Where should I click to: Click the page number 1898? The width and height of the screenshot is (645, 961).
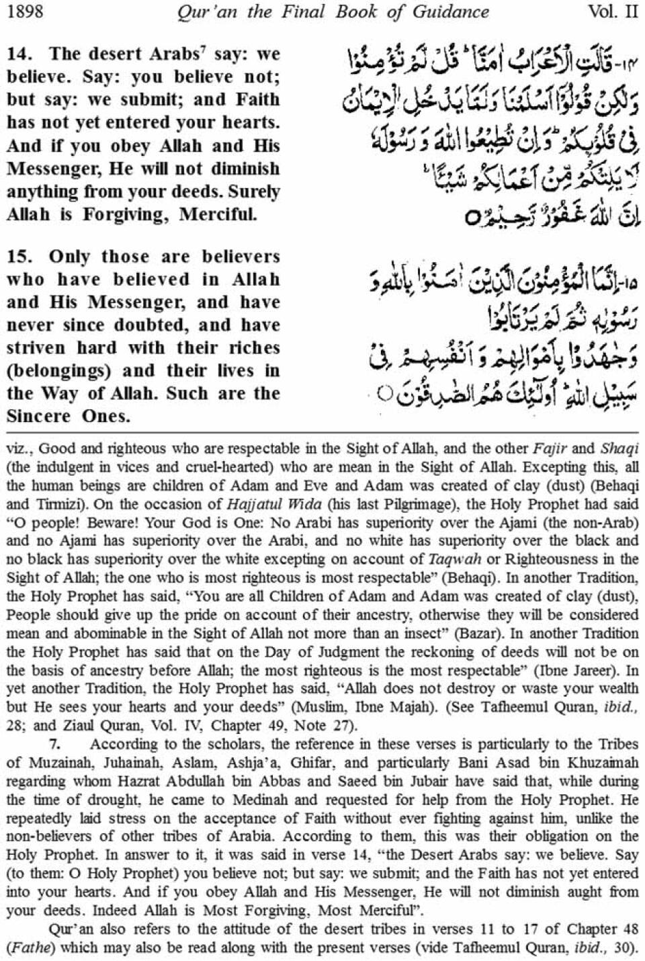pos(25,11)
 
